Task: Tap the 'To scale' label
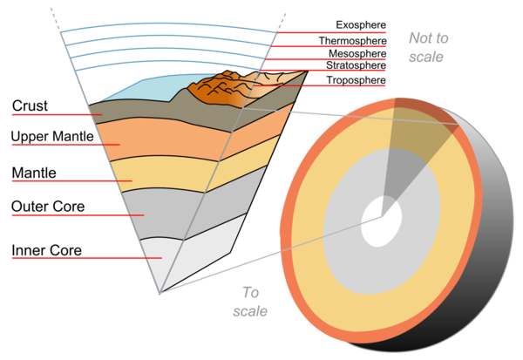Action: [x=249, y=301]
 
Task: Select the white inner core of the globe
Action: [x=382, y=220]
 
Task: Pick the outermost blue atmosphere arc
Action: [x=166, y=26]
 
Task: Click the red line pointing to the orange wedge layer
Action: [x=65, y=145]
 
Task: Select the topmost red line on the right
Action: [x=331, y=32]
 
